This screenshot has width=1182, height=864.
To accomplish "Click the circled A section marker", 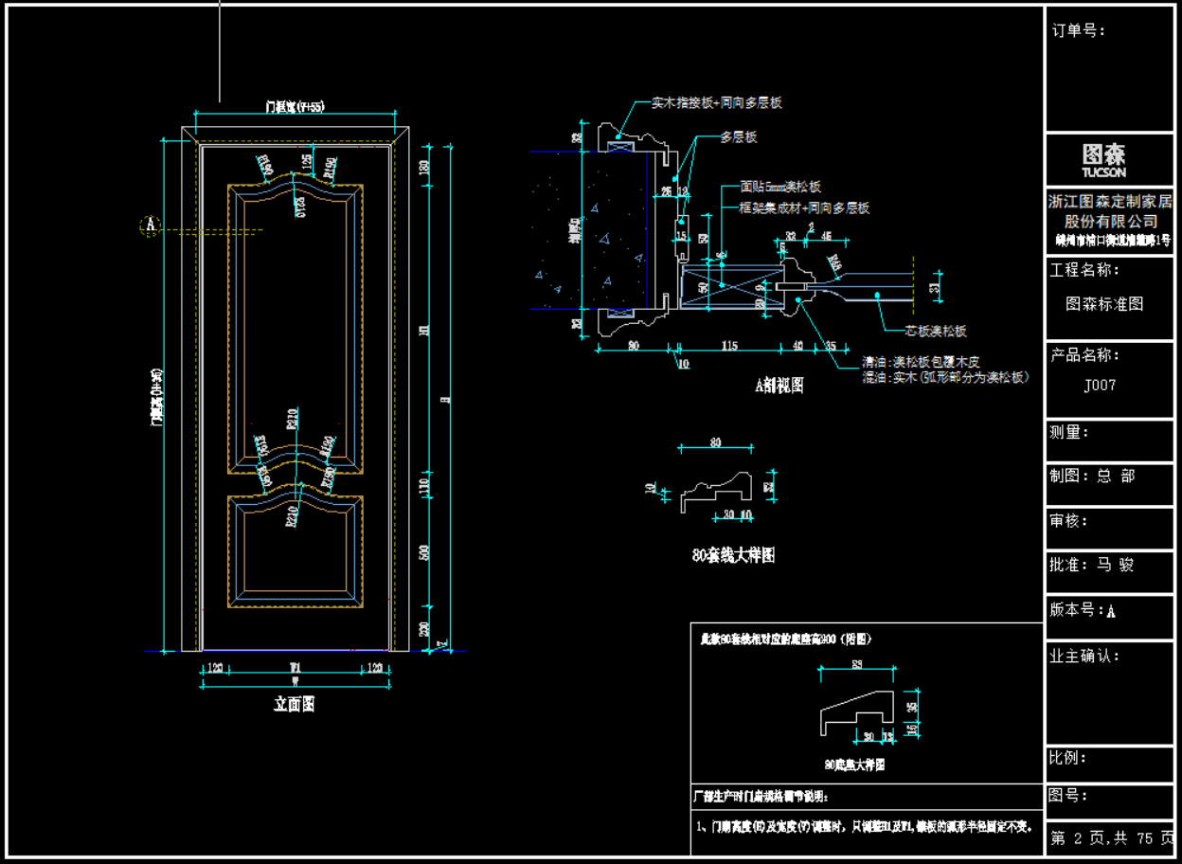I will coord(150,225).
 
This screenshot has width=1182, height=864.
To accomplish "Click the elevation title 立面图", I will coord(294,704).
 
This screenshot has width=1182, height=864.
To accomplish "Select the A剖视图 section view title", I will coord(779,385).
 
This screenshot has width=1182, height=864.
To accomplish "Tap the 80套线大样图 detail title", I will coord(733,556).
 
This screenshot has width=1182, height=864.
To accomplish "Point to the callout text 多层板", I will coord(738,137).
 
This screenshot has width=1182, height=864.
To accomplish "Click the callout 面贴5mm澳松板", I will coord(781,188).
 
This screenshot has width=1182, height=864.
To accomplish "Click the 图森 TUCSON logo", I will coord(1104,159).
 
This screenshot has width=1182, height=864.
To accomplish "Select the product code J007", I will coord(1100,386).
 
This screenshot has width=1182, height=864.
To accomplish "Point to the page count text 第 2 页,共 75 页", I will coord(1110,837).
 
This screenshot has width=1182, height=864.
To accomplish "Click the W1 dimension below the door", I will coord(295,668).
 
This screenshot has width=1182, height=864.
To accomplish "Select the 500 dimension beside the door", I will coord(424,551).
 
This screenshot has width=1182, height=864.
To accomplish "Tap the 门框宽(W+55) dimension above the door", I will coord(294,108).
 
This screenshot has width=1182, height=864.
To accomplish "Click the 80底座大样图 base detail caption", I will coord(854,765).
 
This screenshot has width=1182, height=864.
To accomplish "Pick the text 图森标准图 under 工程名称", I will coord(1104,304).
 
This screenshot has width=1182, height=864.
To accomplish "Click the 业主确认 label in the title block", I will coord(1084,656).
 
